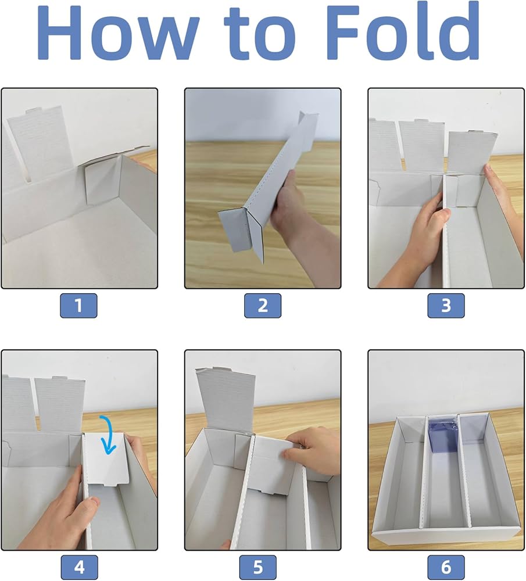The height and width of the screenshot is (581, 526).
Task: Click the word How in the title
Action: pos(119,32)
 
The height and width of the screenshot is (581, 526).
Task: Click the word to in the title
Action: pos(260,34)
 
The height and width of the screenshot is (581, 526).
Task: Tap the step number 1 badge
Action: pos(78,306)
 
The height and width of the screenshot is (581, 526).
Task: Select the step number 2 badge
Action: pos(263,306)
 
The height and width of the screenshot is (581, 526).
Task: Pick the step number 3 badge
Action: pos(446,306)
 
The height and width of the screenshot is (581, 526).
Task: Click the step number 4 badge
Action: pos(79,567)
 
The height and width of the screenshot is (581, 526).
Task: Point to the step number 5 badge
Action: pos(258,567)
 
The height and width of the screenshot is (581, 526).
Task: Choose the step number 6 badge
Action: pos(446,567)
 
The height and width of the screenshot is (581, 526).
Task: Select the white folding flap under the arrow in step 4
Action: pos(106,460)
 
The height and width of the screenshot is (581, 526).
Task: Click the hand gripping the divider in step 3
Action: pos(415,237)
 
